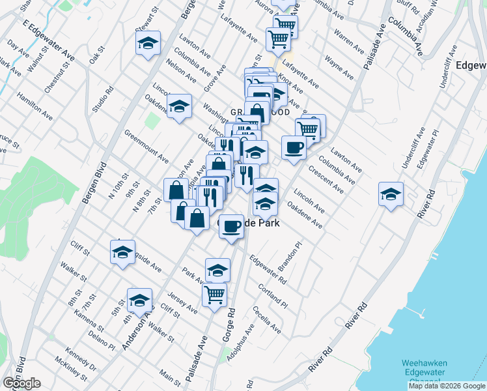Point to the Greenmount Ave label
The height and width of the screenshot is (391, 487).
coord(146,145)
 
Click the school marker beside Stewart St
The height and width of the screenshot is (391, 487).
coord(148,44)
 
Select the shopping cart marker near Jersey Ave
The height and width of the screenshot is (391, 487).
coord(214,294)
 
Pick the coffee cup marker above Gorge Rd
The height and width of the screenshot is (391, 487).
coord(231,226)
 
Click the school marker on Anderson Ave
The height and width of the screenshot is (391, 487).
coord(139,300)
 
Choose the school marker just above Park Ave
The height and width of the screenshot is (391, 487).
coord(217,269)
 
